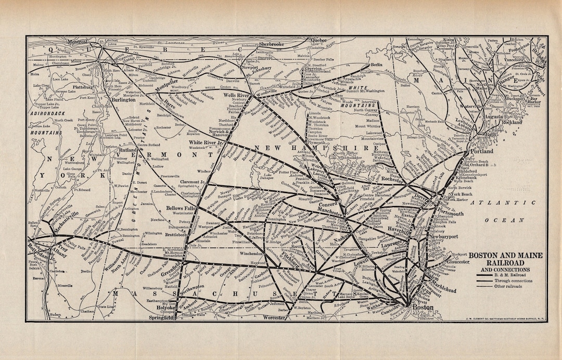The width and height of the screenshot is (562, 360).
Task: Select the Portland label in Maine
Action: tap(482, 151)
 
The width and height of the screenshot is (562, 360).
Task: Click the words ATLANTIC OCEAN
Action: tap(500, 213)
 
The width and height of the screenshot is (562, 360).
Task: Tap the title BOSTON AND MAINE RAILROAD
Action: tap(505, 259)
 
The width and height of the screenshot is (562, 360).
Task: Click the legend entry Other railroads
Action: tap(516, 286)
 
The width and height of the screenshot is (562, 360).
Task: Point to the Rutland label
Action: tap(127, 150)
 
